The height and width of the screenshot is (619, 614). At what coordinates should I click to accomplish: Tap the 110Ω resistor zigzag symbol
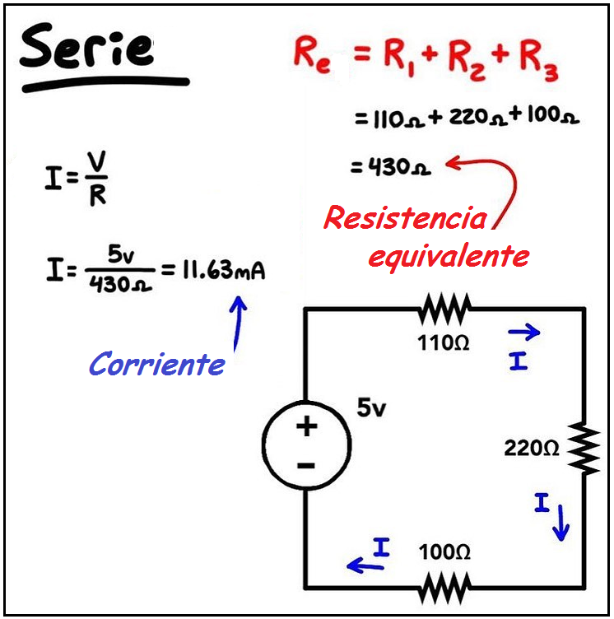(444, 310)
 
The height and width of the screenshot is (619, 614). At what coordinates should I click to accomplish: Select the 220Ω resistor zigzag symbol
(584, 449)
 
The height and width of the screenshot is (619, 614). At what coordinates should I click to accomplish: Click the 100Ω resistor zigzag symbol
(444, 588)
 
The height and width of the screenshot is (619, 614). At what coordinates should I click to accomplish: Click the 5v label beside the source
(370, 408)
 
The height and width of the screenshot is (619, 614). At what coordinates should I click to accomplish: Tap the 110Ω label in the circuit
(444, 343)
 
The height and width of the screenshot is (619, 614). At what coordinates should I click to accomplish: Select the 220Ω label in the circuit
(532, 449)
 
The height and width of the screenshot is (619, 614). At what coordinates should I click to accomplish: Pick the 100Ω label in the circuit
(444, 553)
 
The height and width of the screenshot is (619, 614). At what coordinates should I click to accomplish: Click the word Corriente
(156, 364)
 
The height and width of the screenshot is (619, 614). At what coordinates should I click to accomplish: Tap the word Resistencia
(405, 219)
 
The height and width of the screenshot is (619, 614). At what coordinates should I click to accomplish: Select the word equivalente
(448, 258)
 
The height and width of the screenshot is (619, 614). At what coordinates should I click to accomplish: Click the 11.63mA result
(223, 269)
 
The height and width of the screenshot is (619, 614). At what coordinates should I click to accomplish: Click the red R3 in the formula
(539, 58)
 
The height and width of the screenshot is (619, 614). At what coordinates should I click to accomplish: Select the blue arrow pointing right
(523, 333)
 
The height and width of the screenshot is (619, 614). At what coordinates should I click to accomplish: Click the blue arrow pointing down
(561, 523)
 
